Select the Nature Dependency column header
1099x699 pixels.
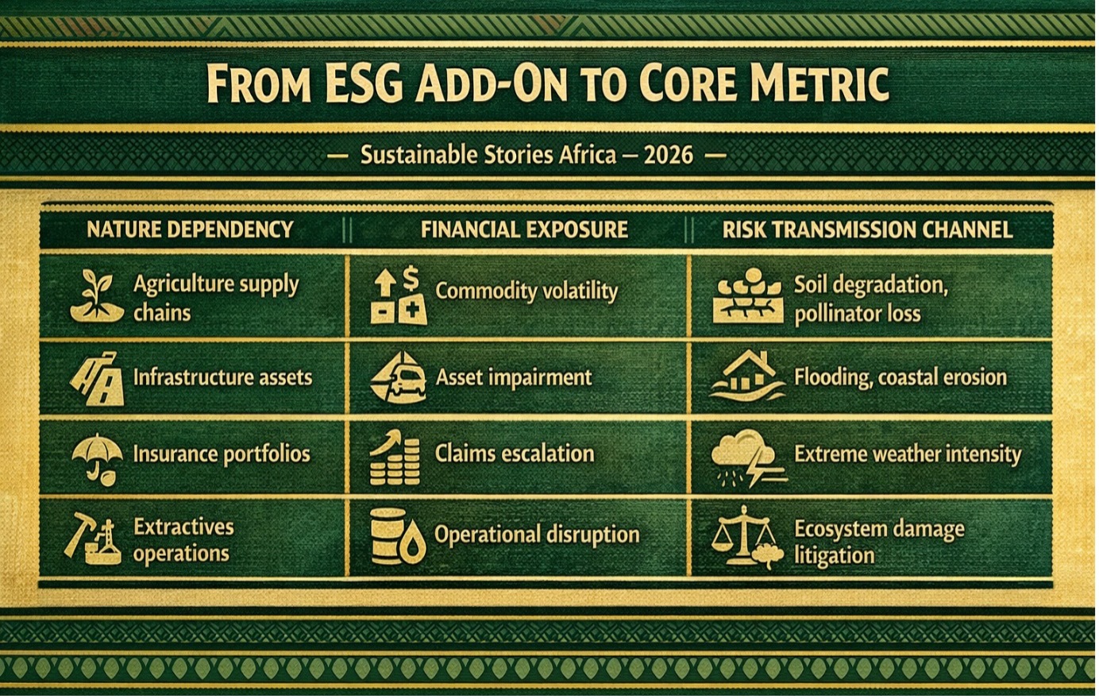coord(190,230)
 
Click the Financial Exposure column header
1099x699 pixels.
coord(524,230)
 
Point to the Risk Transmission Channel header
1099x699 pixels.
coord(868,230)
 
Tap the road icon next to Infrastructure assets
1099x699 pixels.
coord(98,378)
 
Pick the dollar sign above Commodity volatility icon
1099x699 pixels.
coord(411,278)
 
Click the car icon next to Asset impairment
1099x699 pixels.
coord(409,381)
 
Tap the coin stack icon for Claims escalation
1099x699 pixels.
coord(395,458)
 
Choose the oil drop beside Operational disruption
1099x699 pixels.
coord(413,543)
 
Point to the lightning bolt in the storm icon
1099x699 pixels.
coord(756,467)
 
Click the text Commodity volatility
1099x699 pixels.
coord(526,291)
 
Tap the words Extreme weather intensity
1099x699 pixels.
coord(908,454)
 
